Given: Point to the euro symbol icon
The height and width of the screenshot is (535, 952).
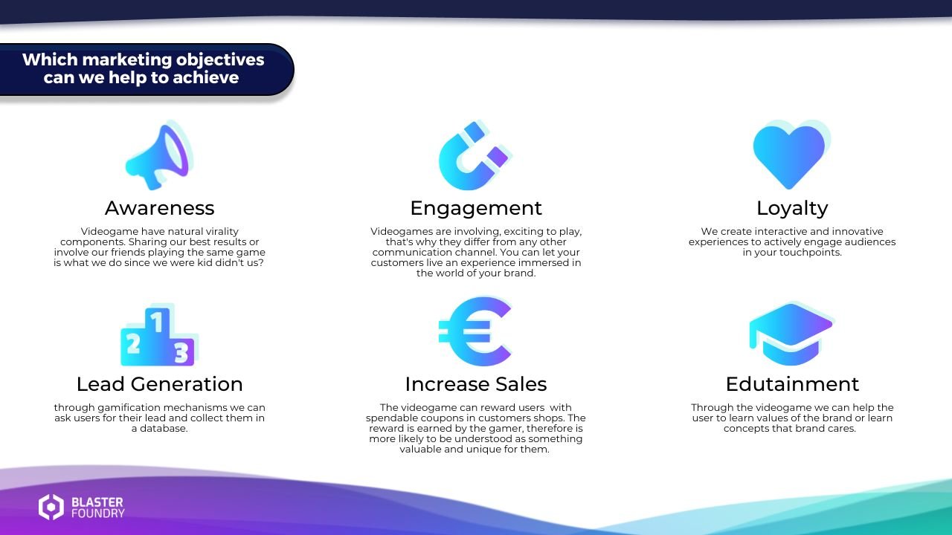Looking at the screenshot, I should point(475,331).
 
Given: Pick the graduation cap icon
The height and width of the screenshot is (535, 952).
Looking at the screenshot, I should point(791,334).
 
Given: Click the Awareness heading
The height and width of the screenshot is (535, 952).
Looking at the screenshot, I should point(159,208).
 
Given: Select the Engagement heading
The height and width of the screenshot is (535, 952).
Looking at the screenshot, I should point(476,208).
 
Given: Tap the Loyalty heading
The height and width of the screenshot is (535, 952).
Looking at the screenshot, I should point(792,208).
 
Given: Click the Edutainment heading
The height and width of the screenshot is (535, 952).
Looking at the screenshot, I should point(792,384).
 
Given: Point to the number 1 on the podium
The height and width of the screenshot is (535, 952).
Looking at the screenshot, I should point(157,322).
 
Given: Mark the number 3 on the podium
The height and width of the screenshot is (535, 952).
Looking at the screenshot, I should point(181,352).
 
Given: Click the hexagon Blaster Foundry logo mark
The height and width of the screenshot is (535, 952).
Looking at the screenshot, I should point(51,507).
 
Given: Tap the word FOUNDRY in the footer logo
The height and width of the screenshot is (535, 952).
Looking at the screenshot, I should point(98,513).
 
